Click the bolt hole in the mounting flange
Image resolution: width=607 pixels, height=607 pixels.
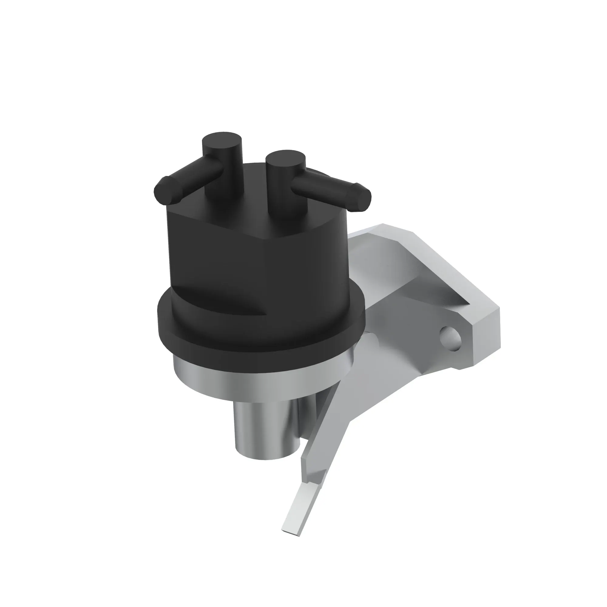451,339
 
